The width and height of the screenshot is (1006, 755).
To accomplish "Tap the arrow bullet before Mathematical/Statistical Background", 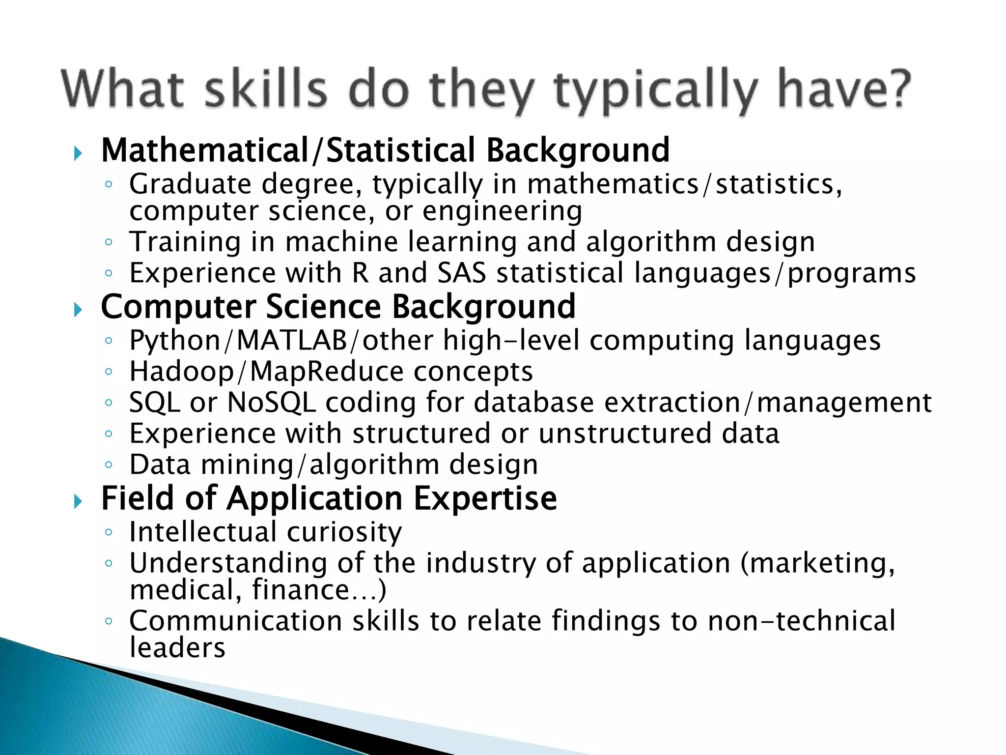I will click(78, 153).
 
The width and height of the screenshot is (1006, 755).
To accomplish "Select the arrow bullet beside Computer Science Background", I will click(78, 310).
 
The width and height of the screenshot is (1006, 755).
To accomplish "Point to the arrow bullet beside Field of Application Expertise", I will click(78, 501).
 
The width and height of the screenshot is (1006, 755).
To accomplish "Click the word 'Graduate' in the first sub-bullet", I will click(191, 185).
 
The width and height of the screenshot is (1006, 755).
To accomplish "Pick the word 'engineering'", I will click(502, 211).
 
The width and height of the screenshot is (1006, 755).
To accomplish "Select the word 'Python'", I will click(175, 341).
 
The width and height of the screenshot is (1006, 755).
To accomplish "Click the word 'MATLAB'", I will click(292, 340).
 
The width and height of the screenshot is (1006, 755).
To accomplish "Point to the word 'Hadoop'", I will click(182, 372).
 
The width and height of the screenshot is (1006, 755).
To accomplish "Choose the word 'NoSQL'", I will click(272, 403).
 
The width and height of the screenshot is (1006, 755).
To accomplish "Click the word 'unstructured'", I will click(625, 434).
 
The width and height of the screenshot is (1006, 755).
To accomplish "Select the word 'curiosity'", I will click(344, 532).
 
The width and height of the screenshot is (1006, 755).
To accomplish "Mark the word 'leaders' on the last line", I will click(177, 648).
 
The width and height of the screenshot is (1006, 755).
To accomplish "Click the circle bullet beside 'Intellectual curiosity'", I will click(109, 531).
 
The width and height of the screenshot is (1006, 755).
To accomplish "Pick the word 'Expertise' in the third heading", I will click(485, 498).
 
